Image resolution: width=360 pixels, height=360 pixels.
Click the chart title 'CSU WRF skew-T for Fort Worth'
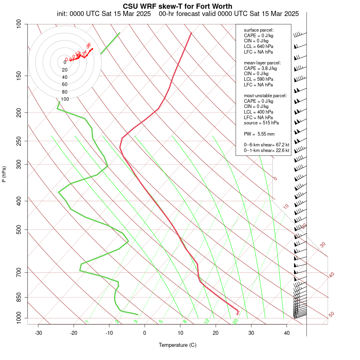tap(178, 6)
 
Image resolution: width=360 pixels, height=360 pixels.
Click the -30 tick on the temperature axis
tap(38, 333)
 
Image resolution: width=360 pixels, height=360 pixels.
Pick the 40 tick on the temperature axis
tap(287, 333)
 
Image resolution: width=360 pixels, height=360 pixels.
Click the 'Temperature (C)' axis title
tap(178, 345)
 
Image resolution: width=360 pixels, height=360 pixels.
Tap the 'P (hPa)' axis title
tap(4, 174)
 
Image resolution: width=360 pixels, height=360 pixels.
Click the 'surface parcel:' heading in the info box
tap(259, 30)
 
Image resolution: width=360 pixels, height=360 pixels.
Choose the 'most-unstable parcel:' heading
tap(265, 96)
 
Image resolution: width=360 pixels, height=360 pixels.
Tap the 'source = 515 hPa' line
tap(261, 123)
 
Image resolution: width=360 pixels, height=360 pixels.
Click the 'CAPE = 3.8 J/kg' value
tap(260, 68)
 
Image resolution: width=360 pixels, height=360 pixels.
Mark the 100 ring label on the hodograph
tap(65, 99)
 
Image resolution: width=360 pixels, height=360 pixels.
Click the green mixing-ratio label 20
tap(236, 321)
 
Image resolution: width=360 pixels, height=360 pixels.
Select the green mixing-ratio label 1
tap(87, 322)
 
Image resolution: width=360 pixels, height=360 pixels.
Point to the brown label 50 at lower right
tap(331, 315)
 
